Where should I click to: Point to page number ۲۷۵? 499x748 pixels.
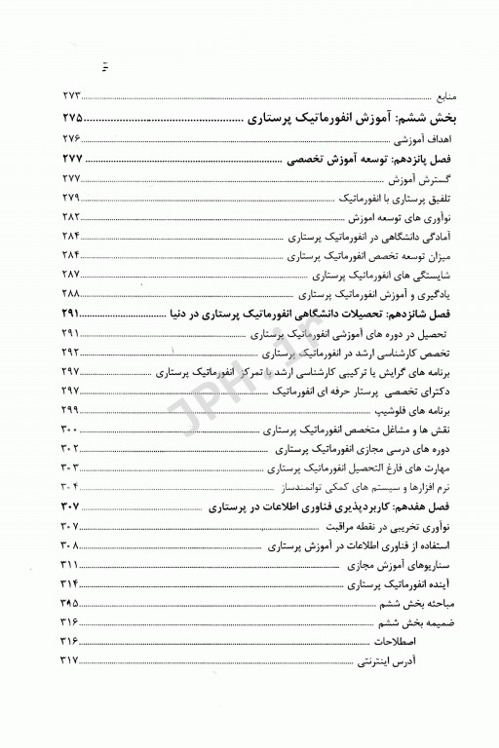pos(76,117)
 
